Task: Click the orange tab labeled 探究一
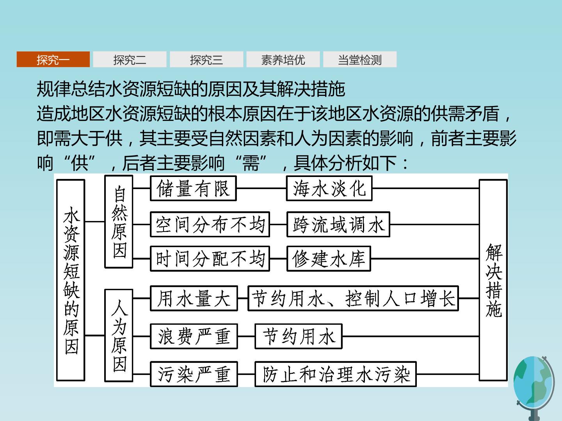click(x=53, y=59)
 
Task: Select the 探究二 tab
click(x=130, y=59)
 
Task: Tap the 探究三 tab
click(x=206, y=59)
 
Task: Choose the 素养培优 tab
click(x=283, y=59)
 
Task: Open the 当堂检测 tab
click(x=360, y=59)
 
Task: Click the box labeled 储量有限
click(x=193, y=188)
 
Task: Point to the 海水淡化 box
click(x=329, y=188)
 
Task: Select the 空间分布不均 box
click(x=210, y=225)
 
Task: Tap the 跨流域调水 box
click(x=338, y=225)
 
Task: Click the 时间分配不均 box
click(x=210, y=259)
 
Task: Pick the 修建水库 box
click(x=329, y=259)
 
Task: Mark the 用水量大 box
click(x=194, y=298)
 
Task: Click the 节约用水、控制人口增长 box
click(x=353, y=298)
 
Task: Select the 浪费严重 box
click(x=194, y=336)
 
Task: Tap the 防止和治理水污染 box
click(x=336, y=374)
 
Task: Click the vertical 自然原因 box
click(x=119, y=222)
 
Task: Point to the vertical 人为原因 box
click(x=119, y=335)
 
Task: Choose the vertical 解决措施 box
click(x=493, y=280)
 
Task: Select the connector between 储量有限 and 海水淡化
click(x=261, y=188)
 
